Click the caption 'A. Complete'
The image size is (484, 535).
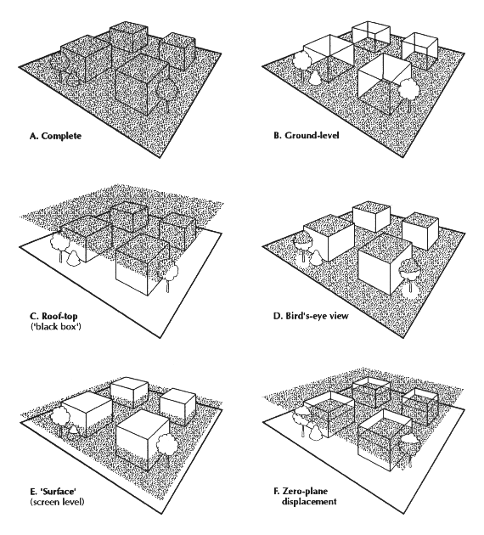(x=55, y=136)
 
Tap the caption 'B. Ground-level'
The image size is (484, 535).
(x=307, y=135)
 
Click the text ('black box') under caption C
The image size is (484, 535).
(x=55, y=327)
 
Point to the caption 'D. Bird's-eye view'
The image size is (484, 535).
(x=311, y=316)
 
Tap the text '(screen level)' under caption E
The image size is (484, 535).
(x=57, y=502)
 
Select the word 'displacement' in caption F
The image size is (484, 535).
(x=309, y=502)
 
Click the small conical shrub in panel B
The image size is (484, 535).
(x=315, y=78)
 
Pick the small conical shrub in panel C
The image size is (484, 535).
(x=73, y=257)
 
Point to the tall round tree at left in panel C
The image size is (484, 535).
(x=60, y=246)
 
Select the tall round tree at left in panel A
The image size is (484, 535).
(x=60, y=68)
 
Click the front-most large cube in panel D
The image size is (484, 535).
(x=384, y=262)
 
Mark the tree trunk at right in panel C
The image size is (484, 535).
(x=167, y=286)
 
